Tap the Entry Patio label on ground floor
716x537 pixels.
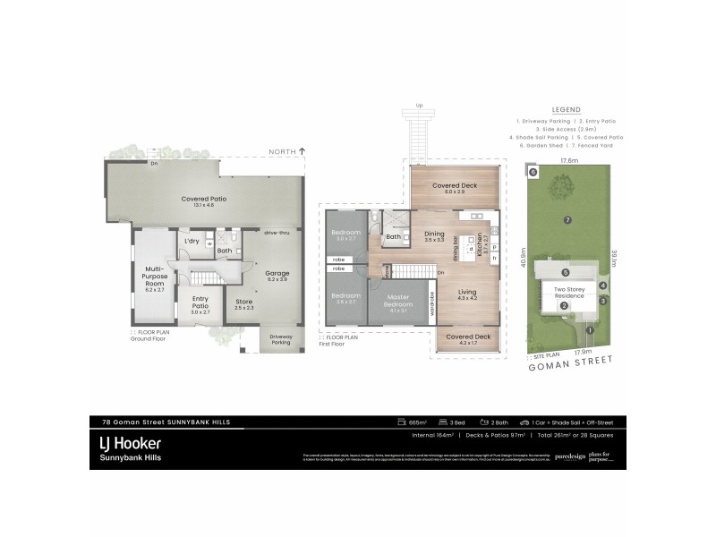pyautogui.click(x=200, y=308)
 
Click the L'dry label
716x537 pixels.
pyautogui.click(x=191, y=242)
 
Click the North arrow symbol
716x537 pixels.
pyautogui.click(x=303, y=152)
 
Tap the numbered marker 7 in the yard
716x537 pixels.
pyautogui.click(x=567, y=219)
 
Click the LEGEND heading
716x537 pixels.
pyautogui.click(x=567, y=109)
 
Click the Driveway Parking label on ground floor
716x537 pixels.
pyautogui.click(x=281, y=339)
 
